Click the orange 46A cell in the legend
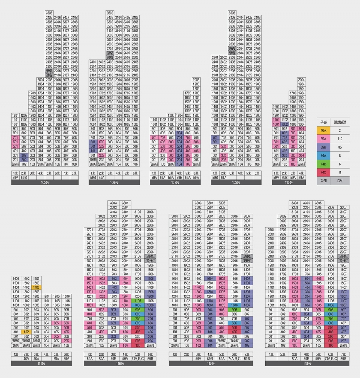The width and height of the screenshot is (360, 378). [x=323, y=130]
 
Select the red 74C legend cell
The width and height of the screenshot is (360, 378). [x=323, y=173]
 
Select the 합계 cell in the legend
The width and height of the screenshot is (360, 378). [x=323, y=181]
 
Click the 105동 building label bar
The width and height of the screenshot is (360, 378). [x=45, y=182]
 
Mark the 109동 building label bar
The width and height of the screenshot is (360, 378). [x=236, y=182]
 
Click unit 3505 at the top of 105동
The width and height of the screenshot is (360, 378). [x=49, y=13]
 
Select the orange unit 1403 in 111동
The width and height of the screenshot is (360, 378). [x=36, y=287]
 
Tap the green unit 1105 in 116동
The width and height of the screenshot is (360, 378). [x=138, y=300]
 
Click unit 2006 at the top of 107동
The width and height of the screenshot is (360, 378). [x=196, y=80]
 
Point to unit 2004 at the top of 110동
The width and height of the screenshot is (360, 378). [x=301, y=80]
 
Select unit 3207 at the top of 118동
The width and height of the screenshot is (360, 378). [x=342, y=207]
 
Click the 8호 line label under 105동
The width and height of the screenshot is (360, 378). [x=74, y=173]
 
